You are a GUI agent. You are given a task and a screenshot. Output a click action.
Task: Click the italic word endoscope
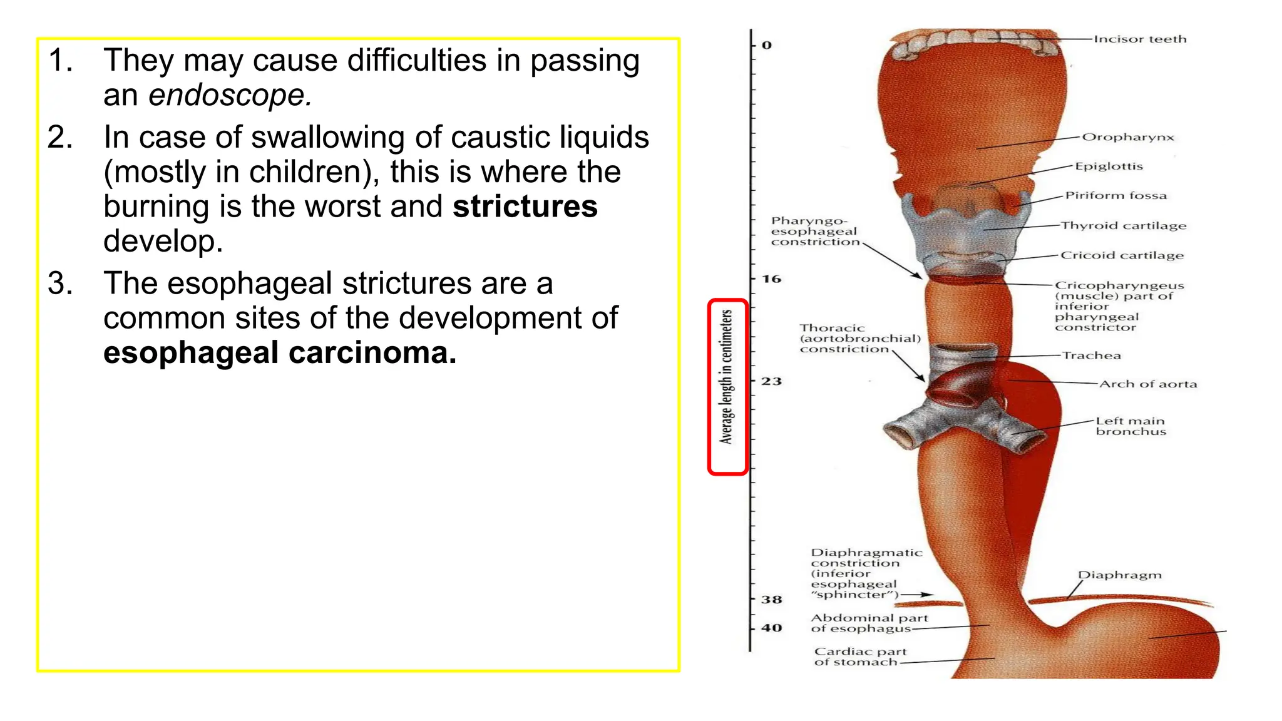click(229, 96)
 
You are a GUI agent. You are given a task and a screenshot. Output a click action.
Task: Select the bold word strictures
click(525, 207)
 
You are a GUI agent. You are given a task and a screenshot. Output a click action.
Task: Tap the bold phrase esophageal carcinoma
click(280, 353)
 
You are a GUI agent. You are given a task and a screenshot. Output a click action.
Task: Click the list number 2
click(60, 138)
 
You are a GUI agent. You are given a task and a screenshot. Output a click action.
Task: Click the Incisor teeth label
click(1140, 39)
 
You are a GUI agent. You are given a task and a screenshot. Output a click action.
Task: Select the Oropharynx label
click(1128, 137)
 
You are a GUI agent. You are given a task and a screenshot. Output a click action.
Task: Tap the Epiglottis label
click(1109, 166)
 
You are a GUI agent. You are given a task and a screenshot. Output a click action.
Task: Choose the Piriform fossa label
click(1116, 195)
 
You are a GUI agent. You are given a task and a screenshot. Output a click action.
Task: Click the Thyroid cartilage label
click(1124, 225)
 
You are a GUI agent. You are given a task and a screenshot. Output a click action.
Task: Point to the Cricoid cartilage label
click(1122, 255)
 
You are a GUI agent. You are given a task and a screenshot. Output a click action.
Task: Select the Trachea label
click(1092, 355)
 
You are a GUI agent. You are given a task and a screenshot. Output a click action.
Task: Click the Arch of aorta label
click(1148, 384)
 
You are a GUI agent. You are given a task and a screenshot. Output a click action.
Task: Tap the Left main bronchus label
click(1131, 426)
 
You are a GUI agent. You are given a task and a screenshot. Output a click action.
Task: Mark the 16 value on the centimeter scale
click(771, 279)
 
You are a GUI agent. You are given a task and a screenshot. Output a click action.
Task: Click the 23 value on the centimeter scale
click(771, 381)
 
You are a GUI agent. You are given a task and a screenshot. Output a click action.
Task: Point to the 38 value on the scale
click(771, 600)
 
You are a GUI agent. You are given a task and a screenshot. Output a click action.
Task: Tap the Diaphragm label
click(1119, 575)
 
